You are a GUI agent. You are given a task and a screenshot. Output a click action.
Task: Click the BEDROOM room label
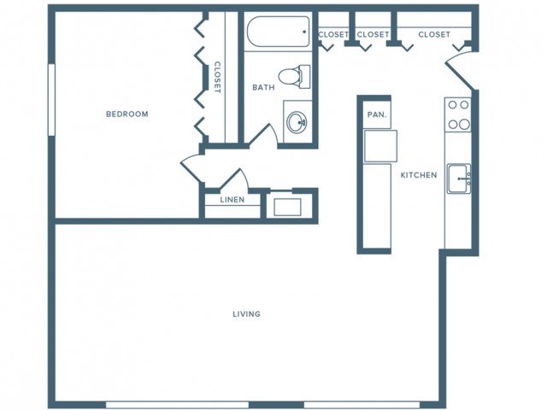coord(126,114)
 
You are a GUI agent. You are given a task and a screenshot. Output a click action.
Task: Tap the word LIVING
coord(246,313)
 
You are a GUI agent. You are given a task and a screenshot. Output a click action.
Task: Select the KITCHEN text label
coord(419,175)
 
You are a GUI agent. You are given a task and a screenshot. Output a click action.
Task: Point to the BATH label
coord(262,87)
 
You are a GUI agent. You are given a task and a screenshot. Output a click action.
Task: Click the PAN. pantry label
coord(376,114)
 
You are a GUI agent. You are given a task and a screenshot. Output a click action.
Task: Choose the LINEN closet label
coord(232,200)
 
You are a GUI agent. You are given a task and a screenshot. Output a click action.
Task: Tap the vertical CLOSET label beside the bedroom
coord(217,77)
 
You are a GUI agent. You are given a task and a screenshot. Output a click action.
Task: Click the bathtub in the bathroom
coord(277,35)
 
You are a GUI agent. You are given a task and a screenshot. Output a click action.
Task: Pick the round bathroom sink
coord(297,122)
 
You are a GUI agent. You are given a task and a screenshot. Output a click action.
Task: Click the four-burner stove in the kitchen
coord(458,114)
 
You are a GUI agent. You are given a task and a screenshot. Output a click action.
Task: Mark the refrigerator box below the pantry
coord(379,146)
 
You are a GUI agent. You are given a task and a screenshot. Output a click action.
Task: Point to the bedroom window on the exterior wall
coord(52,100)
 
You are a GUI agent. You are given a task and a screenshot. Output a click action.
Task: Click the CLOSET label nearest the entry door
coord(434,34)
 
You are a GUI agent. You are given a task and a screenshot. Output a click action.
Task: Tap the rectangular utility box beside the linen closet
coord(283,206)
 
